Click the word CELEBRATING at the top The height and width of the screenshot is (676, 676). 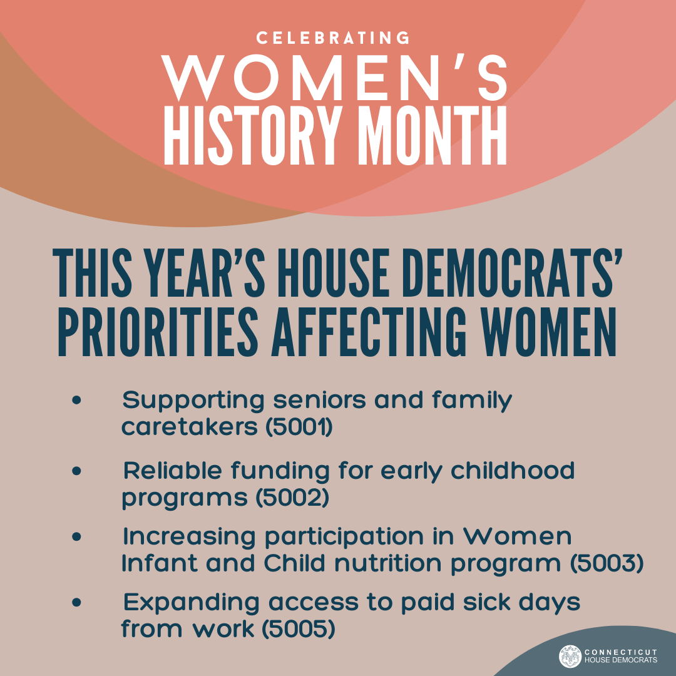(x=333, y=38)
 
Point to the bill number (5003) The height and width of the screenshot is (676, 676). (x=606, y=563)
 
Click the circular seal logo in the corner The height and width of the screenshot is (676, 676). (x=570, y=656)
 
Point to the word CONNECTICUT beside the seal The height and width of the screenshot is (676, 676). (x=620, y=652)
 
